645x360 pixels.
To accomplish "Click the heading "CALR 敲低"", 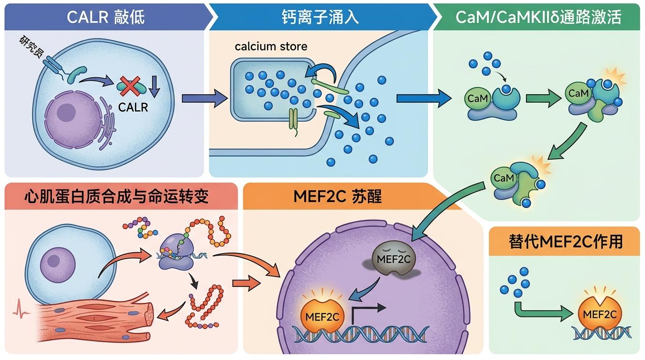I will point(106,17).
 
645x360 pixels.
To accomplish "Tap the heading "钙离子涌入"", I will point(320,17).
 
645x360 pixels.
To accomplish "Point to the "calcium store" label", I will point(271,46).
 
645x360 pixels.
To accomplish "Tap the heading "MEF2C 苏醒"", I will point(337,196).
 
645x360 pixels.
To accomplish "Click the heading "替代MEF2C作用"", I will point(565,241).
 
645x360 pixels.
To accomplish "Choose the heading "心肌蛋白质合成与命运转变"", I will point(116,196).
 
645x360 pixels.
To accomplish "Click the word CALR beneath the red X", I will point(133,107).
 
